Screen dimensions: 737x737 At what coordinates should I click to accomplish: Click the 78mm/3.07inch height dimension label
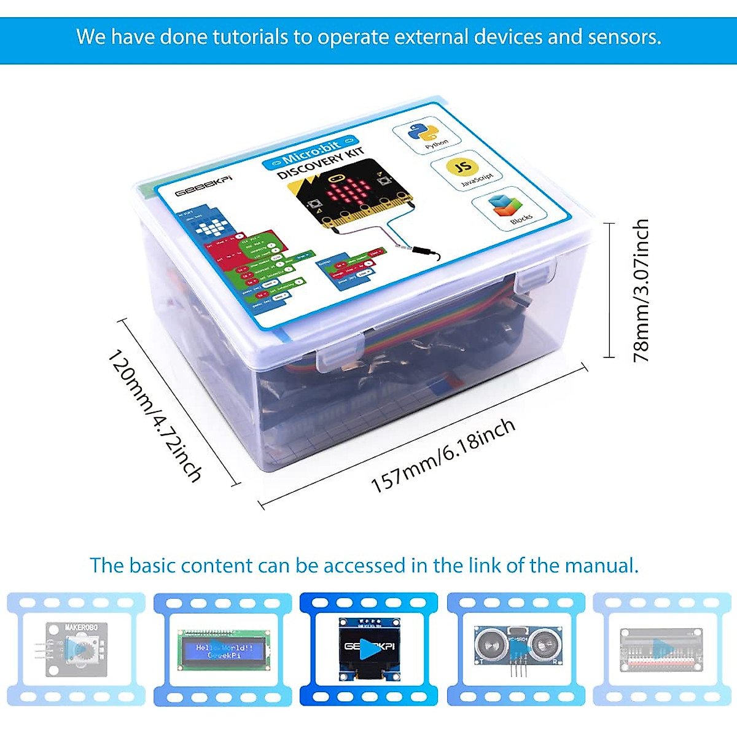[x=641, y=290]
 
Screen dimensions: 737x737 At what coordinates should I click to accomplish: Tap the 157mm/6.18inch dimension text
[x=443, y=456]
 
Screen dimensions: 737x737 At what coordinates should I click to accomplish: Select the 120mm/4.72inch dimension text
[x=155, y=416]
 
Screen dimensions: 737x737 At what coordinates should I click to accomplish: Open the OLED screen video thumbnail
[x=369, y=648]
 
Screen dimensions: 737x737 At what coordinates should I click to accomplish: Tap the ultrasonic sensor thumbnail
[x=517, y=648]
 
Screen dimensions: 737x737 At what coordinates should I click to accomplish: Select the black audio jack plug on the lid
[x=426, y=251]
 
